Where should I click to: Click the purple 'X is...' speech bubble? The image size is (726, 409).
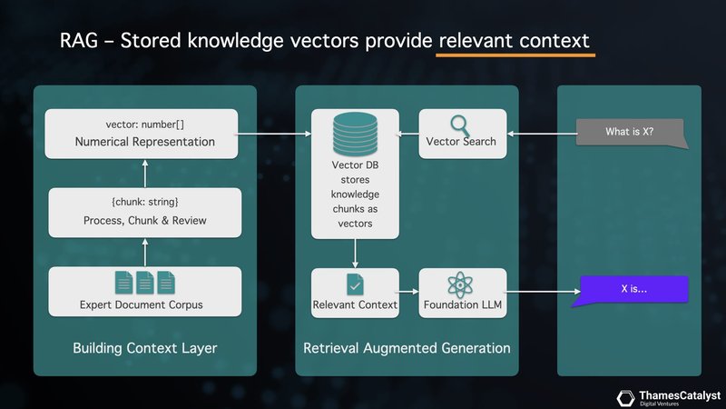[634, 288]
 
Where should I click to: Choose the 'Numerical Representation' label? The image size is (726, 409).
[145, 142]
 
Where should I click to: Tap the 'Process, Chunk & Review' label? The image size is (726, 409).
[145, 220]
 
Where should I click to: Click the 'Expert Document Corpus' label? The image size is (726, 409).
[145, 304]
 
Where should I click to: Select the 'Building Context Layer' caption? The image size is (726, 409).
[145, 348]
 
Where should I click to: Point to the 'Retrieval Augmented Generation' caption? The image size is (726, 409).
[407, 348]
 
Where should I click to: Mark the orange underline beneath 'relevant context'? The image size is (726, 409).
[515, 55]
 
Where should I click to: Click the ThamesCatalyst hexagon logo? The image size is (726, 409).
[625, 397]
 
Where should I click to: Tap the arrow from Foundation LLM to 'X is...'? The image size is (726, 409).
[540, 291]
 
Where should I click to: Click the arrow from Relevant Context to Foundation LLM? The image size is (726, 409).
[409, 291]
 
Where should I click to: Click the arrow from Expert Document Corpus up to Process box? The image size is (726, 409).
[145, 254]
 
